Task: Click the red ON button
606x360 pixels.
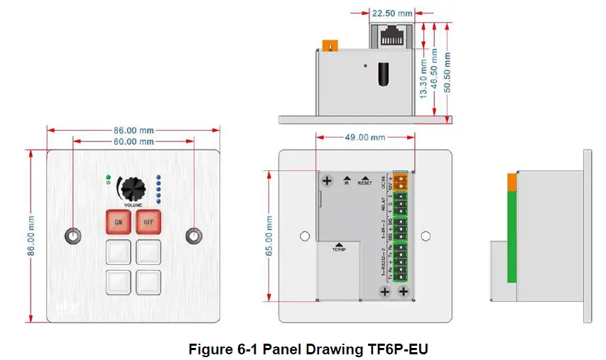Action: pyautogui.click(x=118, y=222)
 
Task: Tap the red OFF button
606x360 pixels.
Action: pyautogui.click(x=148, y=222)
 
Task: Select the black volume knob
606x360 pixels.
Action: pyautogui.click(x=132, y=189)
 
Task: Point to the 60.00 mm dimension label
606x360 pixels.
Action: pyautogui.click(x=134, y=142)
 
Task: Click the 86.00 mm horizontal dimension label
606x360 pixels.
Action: pyautogui.click(x=134, y=131)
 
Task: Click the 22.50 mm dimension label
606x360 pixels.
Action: pyautogui.click(x=391, y=13)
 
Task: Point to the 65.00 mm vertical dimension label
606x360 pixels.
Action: pyautogui.click(x=269, y=235)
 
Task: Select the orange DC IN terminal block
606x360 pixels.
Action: pyautogui.click(x=401, y=181)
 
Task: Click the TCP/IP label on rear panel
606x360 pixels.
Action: pyautogui.click(x=338, y=250)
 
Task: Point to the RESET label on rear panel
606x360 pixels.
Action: pyautogui.click(x=364, y=182)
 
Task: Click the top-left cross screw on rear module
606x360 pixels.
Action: pyautogui.click(x=327, y=181)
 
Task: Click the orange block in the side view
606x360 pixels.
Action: pyautogui.click(x=512, y=182)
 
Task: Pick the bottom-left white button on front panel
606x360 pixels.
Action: pyautogui.click(x=118, y=282)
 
